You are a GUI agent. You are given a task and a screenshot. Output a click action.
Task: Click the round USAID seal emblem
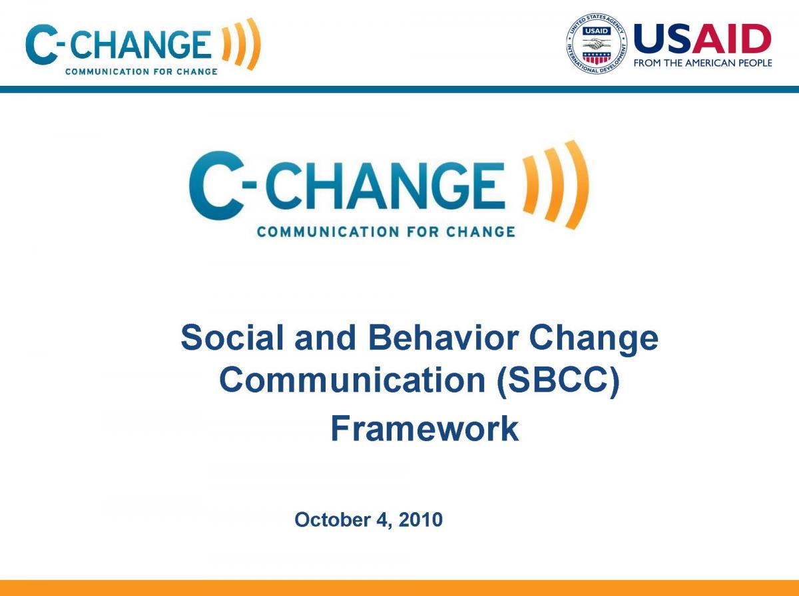click(x=597, y=45)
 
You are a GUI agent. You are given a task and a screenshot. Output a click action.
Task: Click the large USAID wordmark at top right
click(x=702, y=39)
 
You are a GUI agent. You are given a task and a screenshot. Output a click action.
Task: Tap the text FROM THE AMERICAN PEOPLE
click(x=702, y=63)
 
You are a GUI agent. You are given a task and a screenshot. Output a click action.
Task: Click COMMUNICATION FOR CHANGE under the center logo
click(x=386, y=232)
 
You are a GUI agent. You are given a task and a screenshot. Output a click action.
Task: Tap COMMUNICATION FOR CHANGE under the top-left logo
click(x=140, y=71)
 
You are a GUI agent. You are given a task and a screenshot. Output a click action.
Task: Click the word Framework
click(x=424, y=429)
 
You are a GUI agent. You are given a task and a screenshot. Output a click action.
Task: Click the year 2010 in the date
click(x=421, y=520)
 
